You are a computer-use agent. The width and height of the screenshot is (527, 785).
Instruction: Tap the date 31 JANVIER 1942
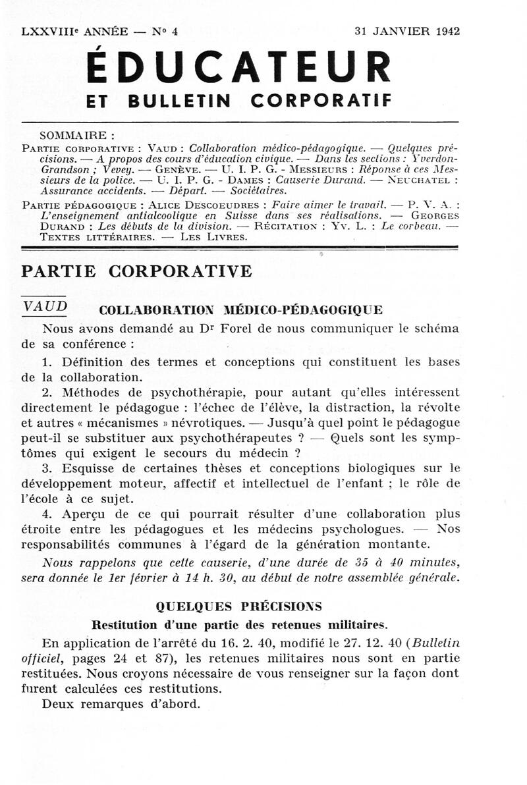pos(406,31)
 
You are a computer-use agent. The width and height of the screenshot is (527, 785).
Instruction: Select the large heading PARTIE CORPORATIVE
pos(136,271)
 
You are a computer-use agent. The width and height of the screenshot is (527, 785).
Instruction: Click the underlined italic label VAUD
pos(45,306)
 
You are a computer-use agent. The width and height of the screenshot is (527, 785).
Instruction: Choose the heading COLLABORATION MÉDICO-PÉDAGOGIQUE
pos(240,310)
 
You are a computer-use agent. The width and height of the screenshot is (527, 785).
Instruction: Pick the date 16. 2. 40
pos(236,643)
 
